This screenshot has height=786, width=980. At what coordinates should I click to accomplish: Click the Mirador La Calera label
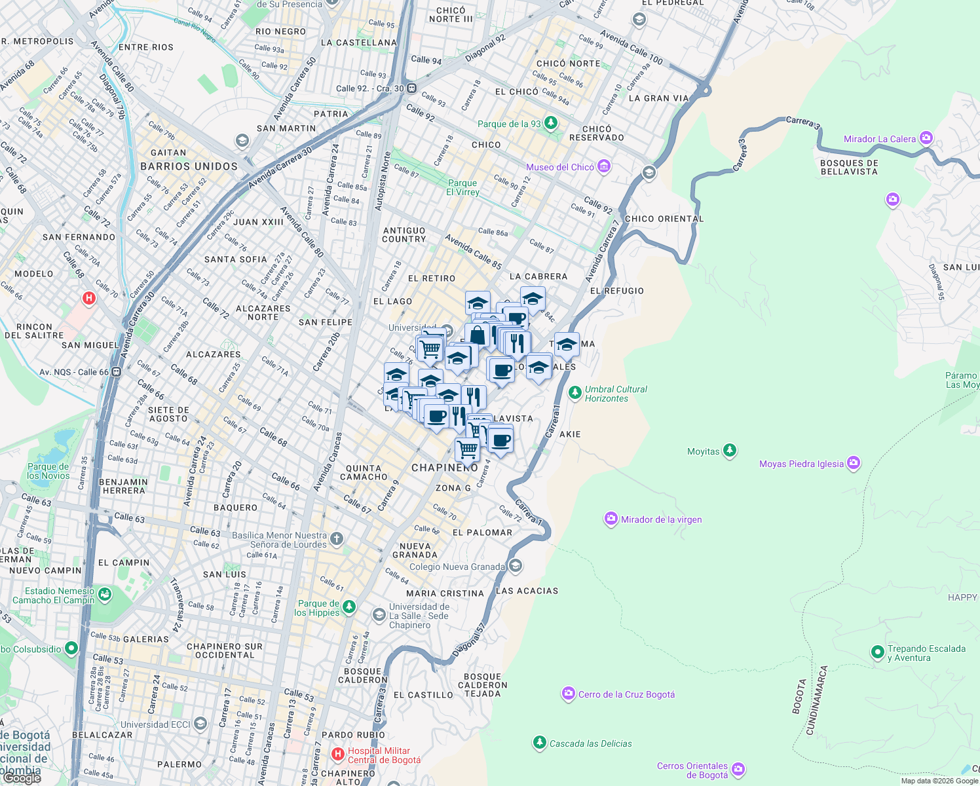879,139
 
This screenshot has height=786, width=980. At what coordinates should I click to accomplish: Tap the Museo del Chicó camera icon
604,166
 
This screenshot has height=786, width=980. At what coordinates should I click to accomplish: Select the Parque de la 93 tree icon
551,122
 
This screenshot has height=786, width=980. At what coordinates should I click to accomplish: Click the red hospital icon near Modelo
89,299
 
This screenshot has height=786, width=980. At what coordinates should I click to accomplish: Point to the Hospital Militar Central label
383,755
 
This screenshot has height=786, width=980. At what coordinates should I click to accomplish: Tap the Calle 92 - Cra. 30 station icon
411,88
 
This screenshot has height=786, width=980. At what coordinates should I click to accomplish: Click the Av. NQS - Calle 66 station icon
116,372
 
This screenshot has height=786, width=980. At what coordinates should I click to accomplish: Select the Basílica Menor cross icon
336,539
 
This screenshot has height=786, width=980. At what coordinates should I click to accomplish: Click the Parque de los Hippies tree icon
349,607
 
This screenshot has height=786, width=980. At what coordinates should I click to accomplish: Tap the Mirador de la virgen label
661,519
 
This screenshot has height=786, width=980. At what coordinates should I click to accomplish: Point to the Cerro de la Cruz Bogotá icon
569,694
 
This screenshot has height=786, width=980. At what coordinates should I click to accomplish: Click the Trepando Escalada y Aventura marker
878,652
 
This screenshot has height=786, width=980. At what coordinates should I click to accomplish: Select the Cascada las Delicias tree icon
539,743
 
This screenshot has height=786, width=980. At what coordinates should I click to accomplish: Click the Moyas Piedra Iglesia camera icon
853,463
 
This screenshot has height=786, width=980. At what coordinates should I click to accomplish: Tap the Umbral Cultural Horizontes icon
575,393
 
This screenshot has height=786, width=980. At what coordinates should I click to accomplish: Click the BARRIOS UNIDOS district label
189,166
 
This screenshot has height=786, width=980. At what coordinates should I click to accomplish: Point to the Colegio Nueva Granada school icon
516,566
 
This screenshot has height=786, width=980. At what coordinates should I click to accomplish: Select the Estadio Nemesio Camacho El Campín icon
105,595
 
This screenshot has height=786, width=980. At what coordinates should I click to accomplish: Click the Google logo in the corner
22,777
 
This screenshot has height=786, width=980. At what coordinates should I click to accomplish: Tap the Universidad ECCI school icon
200,724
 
